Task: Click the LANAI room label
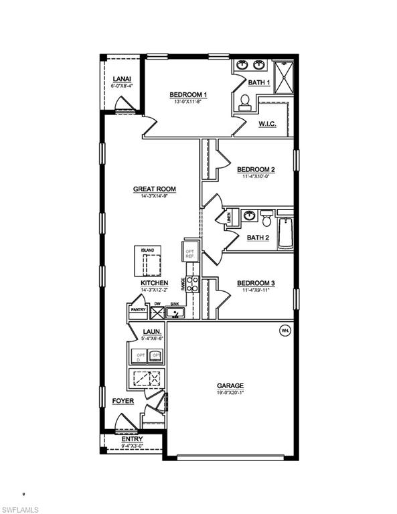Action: tap(121, 78)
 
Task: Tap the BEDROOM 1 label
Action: tap(187, 94)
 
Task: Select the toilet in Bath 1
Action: tap(244, 102)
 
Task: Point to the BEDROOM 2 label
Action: tap(256, 169)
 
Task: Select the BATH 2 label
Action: tap(258, 238)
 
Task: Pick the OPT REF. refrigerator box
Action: tap(189, 253)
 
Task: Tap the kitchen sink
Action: tap(174, 312)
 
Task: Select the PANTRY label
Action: tap(138, 310)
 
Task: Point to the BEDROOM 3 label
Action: tap(256, 283)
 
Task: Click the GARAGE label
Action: tap(230, 385)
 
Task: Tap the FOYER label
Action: tap(123, 401)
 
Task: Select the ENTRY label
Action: tap(132, 439)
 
